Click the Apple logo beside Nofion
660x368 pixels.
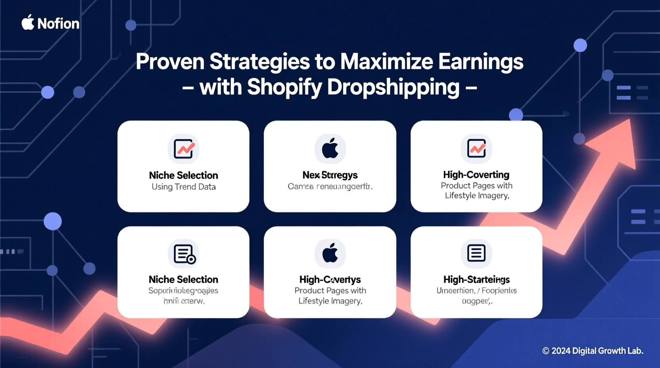pos(28,23)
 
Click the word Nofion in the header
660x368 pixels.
pos(58,24)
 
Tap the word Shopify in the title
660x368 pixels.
pos(284,87)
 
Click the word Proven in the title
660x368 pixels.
pos(170,62)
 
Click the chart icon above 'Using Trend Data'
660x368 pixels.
pos(184,149)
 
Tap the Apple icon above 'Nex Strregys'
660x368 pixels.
pos(330,149)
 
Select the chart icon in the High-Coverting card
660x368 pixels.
pos(476,149)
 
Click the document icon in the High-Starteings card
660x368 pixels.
pos(476,253)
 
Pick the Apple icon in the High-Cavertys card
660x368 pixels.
pos(330,253)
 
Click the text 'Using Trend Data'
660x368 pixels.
pos(184,187)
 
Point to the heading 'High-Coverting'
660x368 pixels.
pos(476,174)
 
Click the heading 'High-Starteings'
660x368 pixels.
pos(476,280)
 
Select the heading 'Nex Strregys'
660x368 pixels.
pos(330,175)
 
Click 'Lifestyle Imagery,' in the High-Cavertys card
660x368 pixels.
pos(330,301)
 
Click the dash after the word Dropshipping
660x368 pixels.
pos(471,88)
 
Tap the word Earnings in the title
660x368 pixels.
pos(481,62)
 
